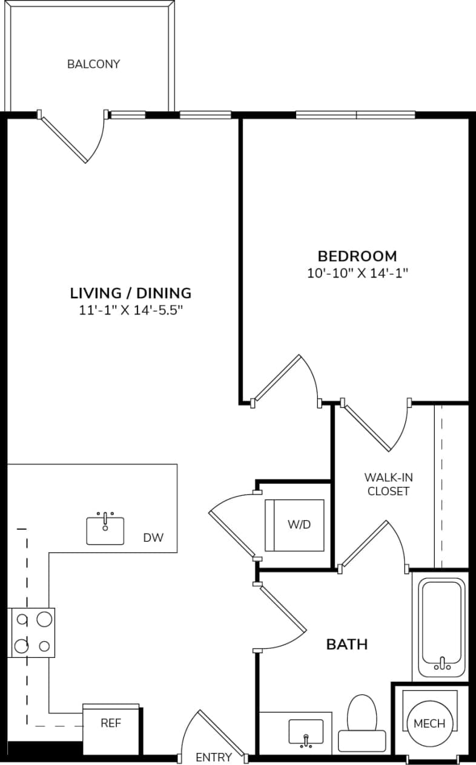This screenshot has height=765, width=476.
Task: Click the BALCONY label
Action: pyautogui.click(x=93, y=63)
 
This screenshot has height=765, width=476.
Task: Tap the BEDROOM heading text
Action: pyautogui.click(x=357, y=256)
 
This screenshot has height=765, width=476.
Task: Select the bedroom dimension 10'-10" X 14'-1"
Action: pyautogui.click(x=357, y=273)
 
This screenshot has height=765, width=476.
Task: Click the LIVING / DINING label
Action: pyautogui.click(x=131, y=293)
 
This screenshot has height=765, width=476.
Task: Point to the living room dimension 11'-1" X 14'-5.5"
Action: pyautogui.click(x=131, y=310)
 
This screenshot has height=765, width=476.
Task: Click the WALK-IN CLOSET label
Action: pyautogui.click(x=388, y=483)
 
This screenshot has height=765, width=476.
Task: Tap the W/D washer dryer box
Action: pyautogui.click(x=294, y=524)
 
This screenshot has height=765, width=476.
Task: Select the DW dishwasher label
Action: pyautogui.click(x=153, y=537)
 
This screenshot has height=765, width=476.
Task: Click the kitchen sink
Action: pyautogui.click(x=105, y=530)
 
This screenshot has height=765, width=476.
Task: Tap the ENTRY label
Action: pyautogui.click(x=213, y=757)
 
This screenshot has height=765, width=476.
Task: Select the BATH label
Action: pyautogui.click(x=347, y=644)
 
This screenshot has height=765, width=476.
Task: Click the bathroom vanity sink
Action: pyautogui.click(x=306, y=732)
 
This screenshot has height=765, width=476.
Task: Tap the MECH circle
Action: pyautogui.click(x=429, y=723)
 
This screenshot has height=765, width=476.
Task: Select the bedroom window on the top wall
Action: pyautogui.click(x=355, y=114)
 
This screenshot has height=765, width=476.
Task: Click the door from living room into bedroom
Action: pyautogui.click(x=285, y=381)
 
